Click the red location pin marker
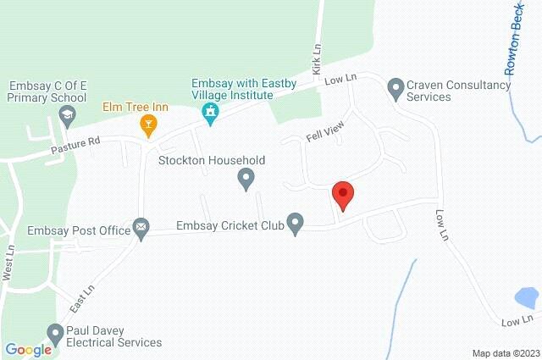(342, 195)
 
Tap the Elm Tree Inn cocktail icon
(149, 126)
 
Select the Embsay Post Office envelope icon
(141, 227)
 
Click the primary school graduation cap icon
(68, 116)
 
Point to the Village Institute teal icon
(212, 111)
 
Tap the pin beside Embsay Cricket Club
(295, 224)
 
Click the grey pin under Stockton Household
(246, 178)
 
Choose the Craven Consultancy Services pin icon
(395, 86)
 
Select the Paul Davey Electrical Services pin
(56, 333)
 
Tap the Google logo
(28, 349)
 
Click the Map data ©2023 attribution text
(505, 353)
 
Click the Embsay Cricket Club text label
(228, 226)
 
